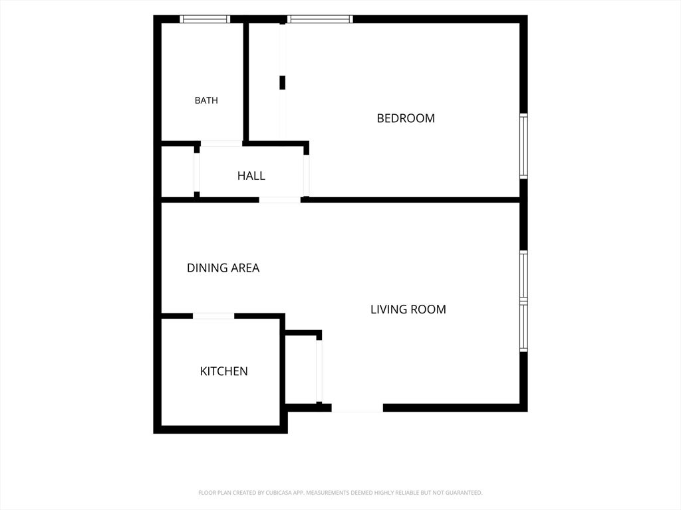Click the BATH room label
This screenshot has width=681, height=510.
206,100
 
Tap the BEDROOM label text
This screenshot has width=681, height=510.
406,118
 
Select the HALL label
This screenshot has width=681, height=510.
251,175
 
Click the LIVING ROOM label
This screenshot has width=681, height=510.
408,309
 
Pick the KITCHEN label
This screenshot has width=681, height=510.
223,371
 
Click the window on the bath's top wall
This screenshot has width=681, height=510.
205,19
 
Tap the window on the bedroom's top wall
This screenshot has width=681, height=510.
320,19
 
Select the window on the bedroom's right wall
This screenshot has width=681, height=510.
524,146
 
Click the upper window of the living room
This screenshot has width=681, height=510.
524,275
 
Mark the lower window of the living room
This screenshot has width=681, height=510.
524,326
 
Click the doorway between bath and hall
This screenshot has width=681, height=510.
221,143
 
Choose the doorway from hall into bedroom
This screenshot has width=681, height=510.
306,175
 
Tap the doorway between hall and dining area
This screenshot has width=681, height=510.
280,200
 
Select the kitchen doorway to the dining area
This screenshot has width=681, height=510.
213,315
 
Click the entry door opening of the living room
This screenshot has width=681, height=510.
357,408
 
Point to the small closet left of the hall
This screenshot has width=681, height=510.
178,172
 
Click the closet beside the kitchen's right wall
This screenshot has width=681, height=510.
301,369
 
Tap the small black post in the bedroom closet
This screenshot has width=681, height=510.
282,82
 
